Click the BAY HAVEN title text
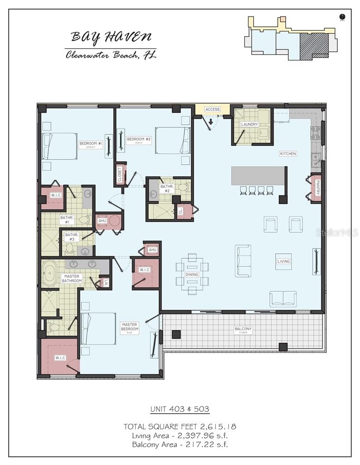click(111, 37)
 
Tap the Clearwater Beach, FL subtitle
click(111, 55)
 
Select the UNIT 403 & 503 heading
click(180, 409)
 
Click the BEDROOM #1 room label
click(90, 144)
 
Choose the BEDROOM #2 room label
click(139, 139)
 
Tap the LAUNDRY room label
click(249, 125)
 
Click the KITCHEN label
click(288, 153)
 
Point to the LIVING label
click(283, 261)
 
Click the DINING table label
click(192, 274)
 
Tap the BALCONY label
click(243, 329)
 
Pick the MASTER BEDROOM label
click(130, 327)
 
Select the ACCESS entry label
click(213, 109)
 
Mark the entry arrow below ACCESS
click(211, 122)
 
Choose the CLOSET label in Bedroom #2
click(120, 174)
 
